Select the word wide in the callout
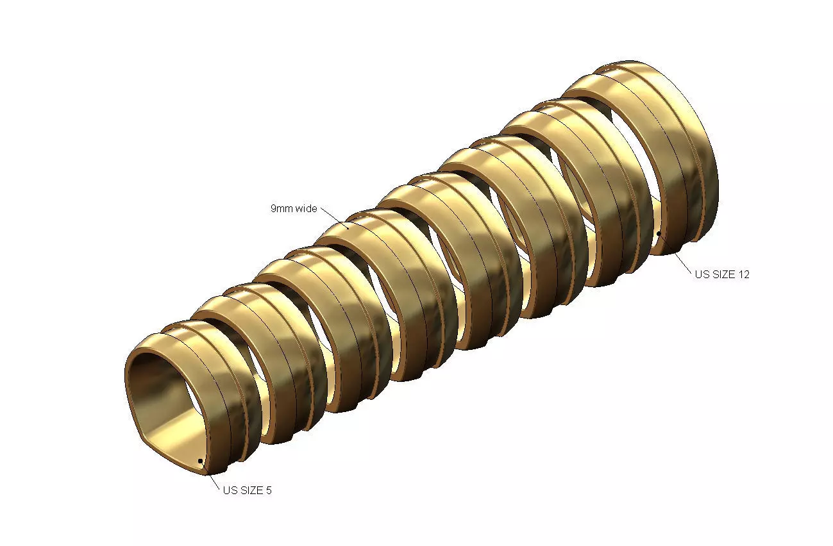point(306,209)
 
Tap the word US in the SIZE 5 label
point(230,491)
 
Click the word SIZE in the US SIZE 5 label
point(251,491)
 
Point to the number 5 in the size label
point(269,491)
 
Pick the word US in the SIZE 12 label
point(702,274)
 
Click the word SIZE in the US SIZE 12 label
point(723,274)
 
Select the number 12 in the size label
point(743,274)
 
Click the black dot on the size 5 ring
point(200,461)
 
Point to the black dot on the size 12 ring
point(659,233)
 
